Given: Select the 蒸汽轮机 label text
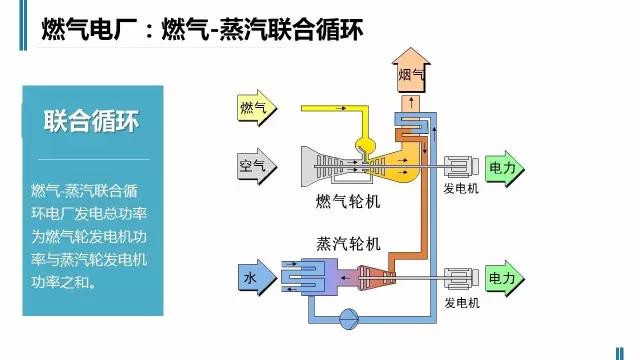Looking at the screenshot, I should click(348, 243).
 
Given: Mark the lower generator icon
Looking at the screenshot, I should click(461, 276).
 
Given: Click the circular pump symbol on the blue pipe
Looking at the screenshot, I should click(349, 319).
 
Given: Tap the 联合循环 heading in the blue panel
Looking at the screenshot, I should click(91, 122).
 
